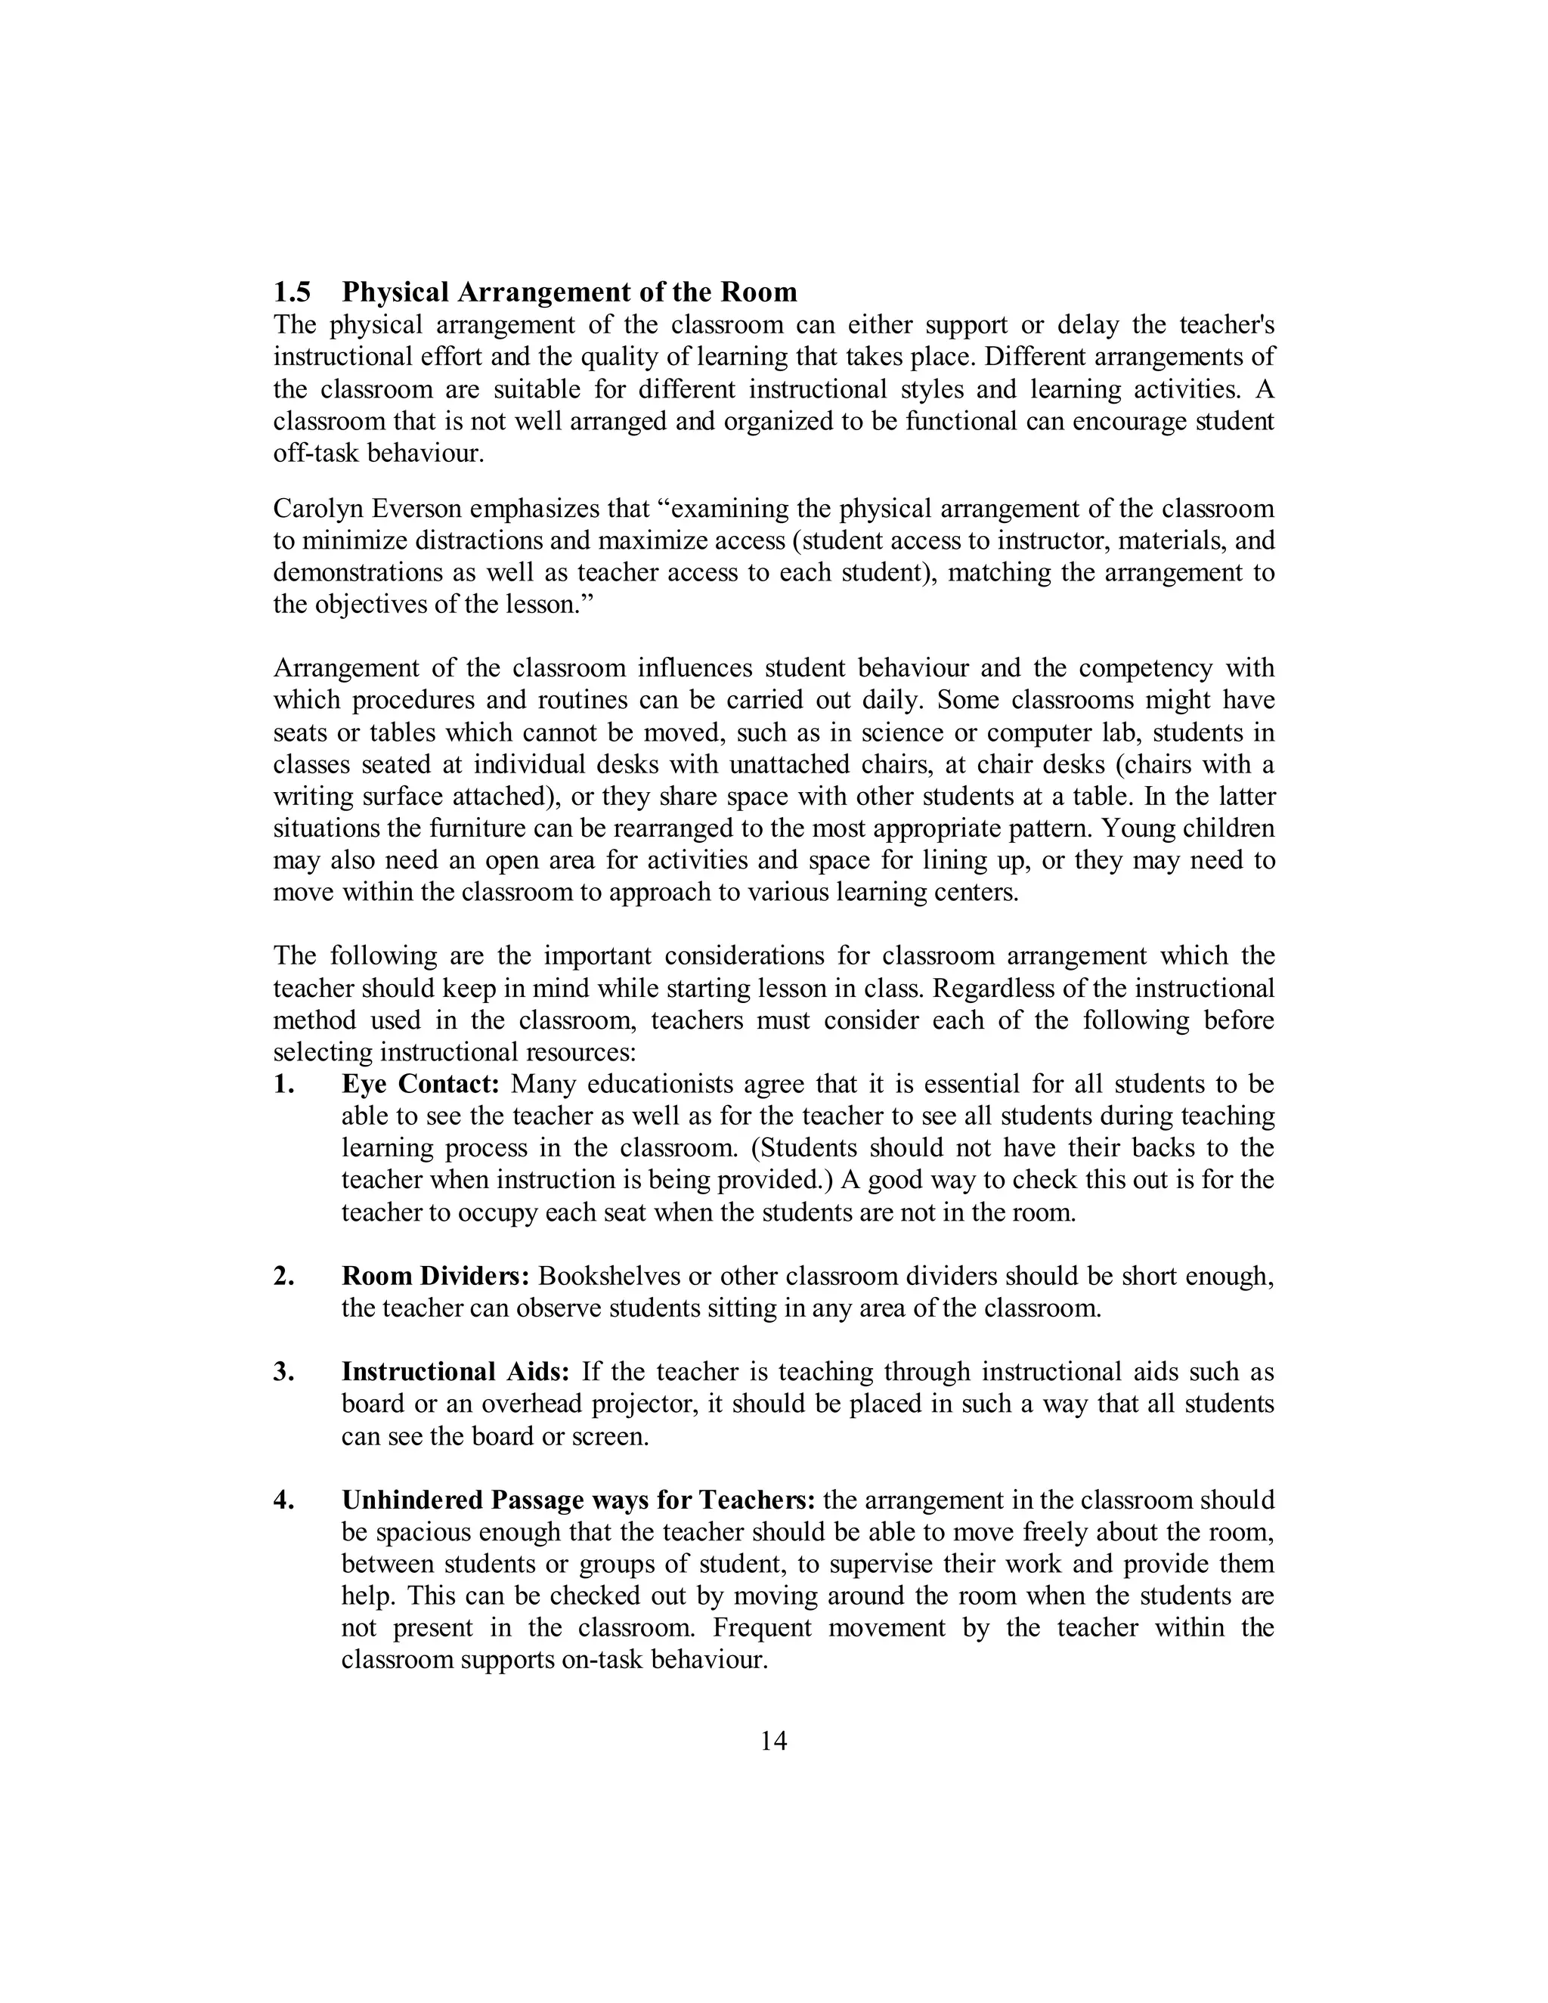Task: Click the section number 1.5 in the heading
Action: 292,293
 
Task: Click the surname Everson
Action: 418,509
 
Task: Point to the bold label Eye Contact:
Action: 420,1084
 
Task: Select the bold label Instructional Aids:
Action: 456,1372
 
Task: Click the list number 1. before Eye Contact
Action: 283,1084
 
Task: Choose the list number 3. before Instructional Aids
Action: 283,1372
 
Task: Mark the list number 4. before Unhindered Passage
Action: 283,1500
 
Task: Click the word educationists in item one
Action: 658,1084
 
